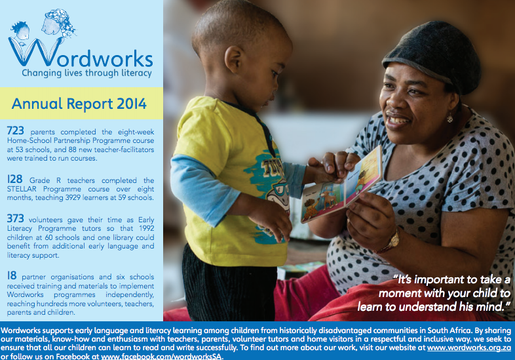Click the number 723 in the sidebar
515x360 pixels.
[16, 131]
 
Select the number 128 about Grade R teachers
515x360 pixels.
[15, 179]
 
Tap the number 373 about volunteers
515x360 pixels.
[16, 218]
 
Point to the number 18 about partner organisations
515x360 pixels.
[12, 275]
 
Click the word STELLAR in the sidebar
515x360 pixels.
[22, 189]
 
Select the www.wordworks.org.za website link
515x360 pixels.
[469, 348]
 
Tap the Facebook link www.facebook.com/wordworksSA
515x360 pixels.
[161, 356]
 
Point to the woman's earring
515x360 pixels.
[449, 117]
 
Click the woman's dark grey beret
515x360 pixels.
[434, 56]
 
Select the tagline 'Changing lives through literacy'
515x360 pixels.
[86, 73]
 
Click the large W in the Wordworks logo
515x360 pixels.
[35, 52]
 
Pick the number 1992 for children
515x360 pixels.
[147, 228]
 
